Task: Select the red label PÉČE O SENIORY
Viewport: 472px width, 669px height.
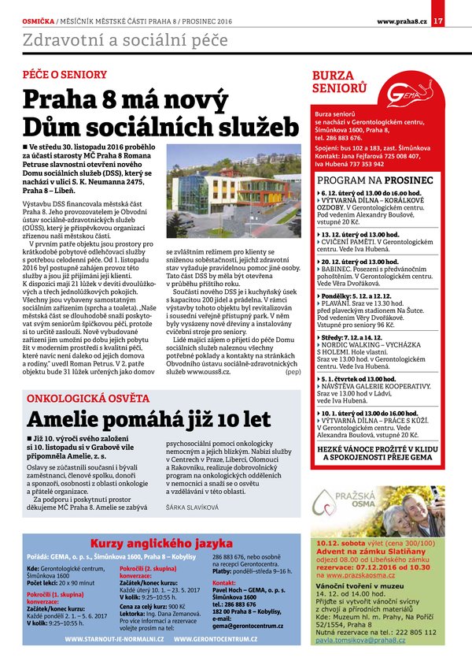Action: click(x=65, y=75)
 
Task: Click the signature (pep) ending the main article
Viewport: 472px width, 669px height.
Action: click(x=293, y=371)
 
